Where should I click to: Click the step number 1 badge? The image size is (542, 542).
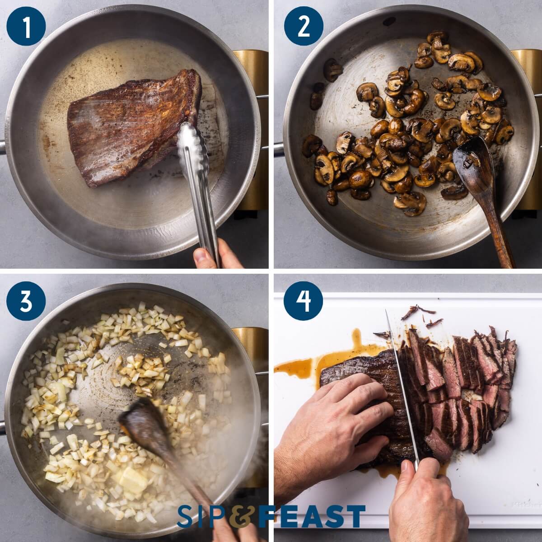(26, 26)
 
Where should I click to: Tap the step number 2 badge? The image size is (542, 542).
(304, 26)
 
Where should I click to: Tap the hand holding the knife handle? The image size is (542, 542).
(425, 497)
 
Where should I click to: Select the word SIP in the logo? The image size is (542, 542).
(202, 516)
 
